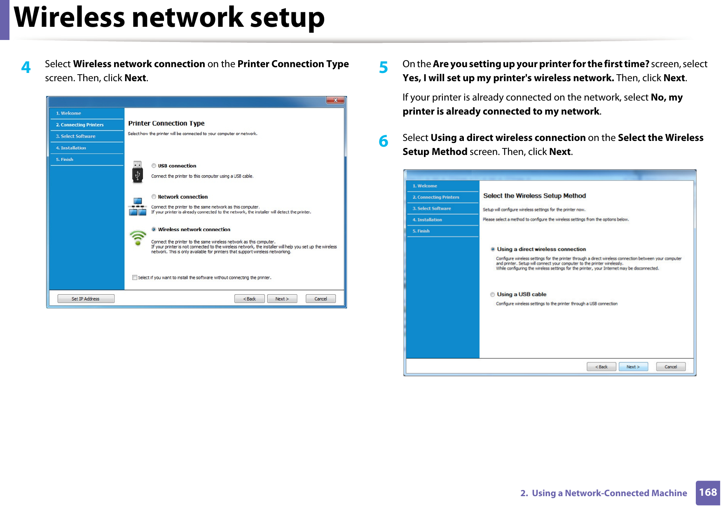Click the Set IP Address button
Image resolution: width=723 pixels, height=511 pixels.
[x=86, y=299]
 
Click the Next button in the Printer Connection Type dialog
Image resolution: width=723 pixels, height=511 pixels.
[x=282, y=299]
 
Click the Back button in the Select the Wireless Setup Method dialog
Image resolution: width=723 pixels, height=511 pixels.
[x=601, y=367]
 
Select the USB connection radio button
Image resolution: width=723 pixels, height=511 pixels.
[x=154, y=166]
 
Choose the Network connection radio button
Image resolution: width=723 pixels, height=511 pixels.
[x=154, y=197]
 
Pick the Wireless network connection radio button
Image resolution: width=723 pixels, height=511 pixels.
[x=154, y=230]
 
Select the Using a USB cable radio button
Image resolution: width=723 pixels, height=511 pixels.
[x=492, y=295]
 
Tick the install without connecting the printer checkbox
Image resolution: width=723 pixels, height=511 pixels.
[x=135, y=277]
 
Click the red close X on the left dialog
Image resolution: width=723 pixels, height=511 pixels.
[x=335, y=100]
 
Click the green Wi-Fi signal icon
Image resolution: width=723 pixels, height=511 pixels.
[x=138, y=237]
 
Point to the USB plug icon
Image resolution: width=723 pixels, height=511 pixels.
[x=138, y=172]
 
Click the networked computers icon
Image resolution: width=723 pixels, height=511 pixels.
[x=137, y=207]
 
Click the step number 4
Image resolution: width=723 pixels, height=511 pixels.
[x=26, y=67]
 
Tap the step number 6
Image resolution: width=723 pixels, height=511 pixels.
[x=383, y=141]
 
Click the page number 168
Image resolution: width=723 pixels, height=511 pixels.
[x=707, y=492]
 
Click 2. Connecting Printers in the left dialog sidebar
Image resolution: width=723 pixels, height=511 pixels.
[x=80, y=125]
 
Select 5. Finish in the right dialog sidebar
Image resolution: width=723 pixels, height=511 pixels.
[x=421, y=231]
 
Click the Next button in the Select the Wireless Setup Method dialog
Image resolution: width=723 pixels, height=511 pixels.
[x=633, y=367]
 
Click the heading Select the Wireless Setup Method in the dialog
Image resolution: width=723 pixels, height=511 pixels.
[x=534, y=196]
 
